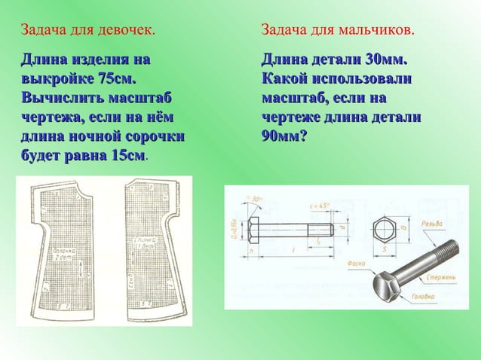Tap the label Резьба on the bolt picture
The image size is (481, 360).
click(x=433, y=224)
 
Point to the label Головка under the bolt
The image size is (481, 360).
click(x=423, y=296)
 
